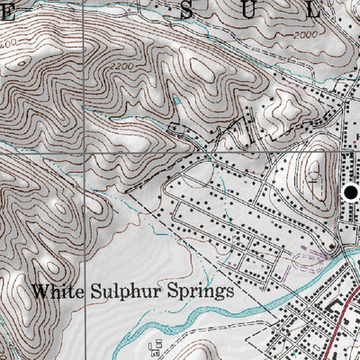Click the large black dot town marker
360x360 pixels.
pos(350,192)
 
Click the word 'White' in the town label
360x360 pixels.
pos(55,292)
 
